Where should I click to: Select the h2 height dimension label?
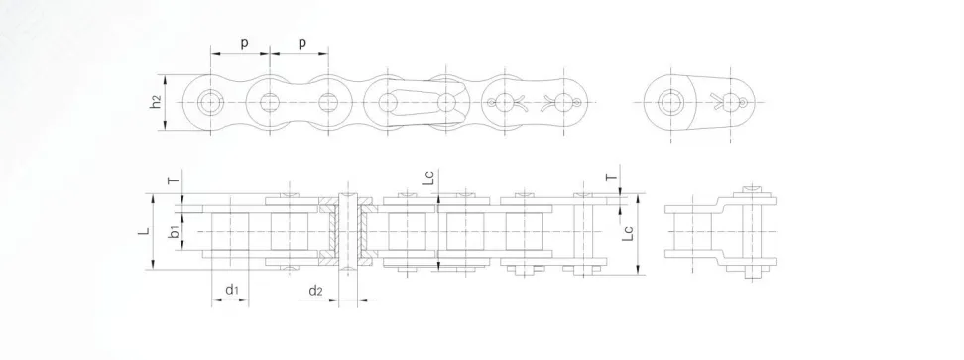coord(156,102)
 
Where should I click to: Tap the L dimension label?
coord(144,232)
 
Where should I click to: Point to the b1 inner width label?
coord(175,232)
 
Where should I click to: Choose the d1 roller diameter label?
coord(232,290)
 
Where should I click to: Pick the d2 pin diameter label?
coord(315,290)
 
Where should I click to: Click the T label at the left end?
coord(175,180)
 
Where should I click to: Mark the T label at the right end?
coord(611,178)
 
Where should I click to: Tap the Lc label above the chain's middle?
coord(429,178)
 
